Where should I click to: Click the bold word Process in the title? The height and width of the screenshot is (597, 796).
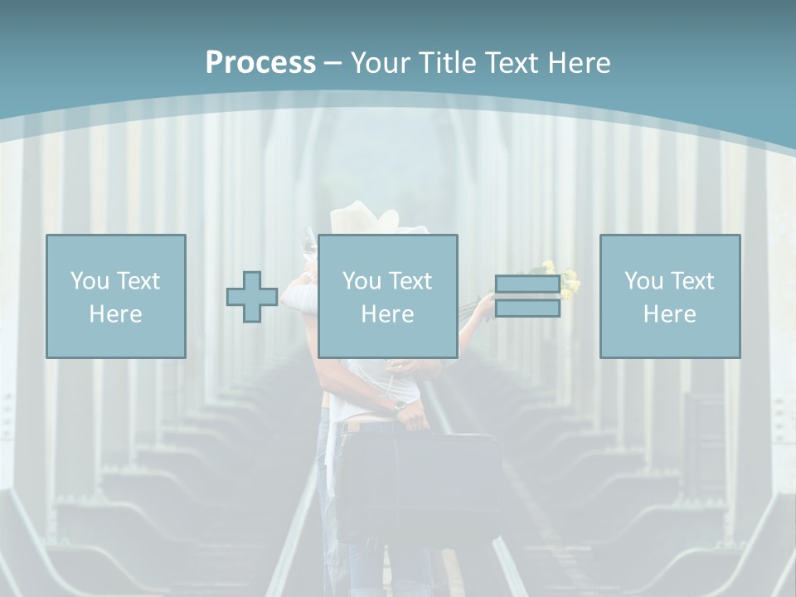click(x=260, y=63)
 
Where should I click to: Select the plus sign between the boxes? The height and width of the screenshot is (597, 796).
click(x=252, y=297)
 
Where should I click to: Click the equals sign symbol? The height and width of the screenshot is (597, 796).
click(x=527, y=296)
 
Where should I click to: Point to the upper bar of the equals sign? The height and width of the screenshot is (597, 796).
click(x=527, y=284)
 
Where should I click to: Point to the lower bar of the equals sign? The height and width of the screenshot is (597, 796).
click(x=527, y=308)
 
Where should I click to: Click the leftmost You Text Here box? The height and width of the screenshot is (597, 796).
click(x=116, y=296)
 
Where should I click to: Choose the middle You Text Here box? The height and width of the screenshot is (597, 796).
click(x=387, y=296)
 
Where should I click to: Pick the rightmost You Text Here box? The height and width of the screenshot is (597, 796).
click(x=670, y=296)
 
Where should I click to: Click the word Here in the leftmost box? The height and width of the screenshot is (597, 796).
click(x=115, y=314)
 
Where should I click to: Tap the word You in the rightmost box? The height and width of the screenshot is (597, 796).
click(x=643, y=281)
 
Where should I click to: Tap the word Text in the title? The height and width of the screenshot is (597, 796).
click(x=507, y=63)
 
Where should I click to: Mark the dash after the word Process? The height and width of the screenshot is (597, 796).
click(x=332, y=63)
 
